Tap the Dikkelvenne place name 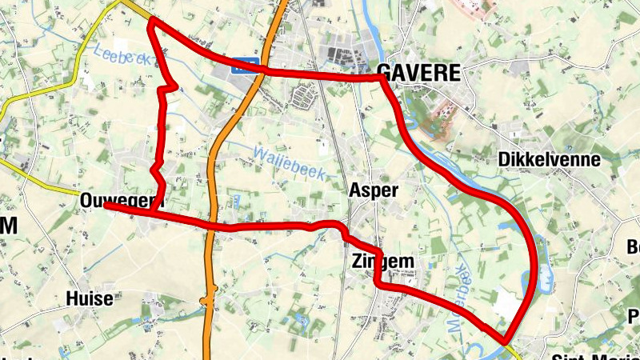pyautogui.click(x=549, y=159)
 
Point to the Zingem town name pyautogui.click(x=382, y=261)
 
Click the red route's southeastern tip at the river pyautogui.click(x=506, y=340)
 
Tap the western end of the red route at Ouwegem pyautogui.click(x=106, y=206)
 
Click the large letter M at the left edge pyautogui.click(x=8, y=226)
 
